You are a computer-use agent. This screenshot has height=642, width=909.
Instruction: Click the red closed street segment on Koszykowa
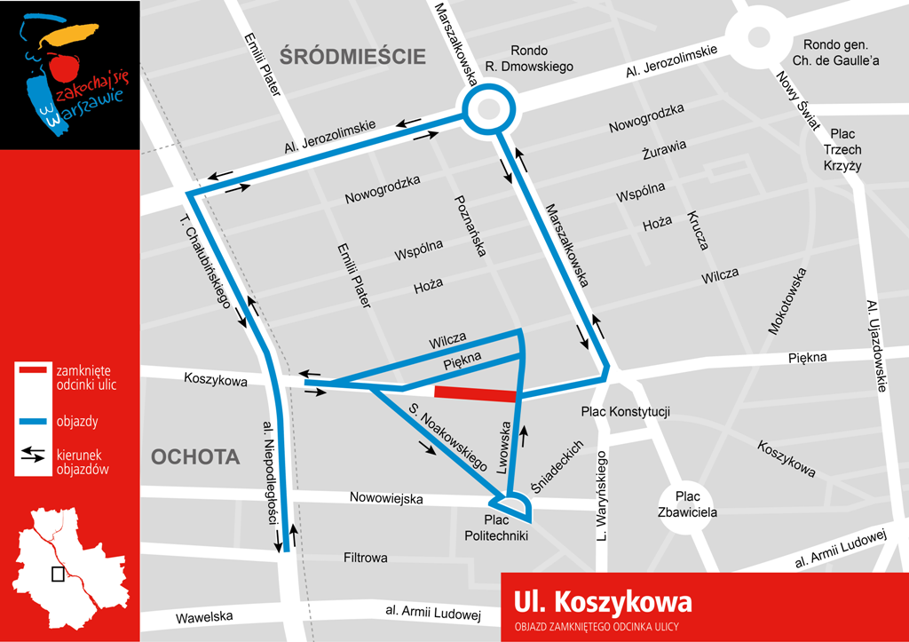click(474, 393)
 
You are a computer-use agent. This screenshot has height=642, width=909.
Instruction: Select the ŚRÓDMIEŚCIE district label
click(353, 57)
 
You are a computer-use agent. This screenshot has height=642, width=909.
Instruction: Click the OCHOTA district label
click(195, 457)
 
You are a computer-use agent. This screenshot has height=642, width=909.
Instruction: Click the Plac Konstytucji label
click(625, 411)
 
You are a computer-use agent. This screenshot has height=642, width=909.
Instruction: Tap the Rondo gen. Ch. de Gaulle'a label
click(840, 52)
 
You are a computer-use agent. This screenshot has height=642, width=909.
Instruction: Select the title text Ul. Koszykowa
click(602, 603)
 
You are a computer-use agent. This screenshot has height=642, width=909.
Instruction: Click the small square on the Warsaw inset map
click(58, 574)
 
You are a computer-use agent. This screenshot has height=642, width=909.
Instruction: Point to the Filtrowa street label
click(365, 559)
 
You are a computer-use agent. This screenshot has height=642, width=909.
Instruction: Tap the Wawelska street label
click(203, 616)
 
